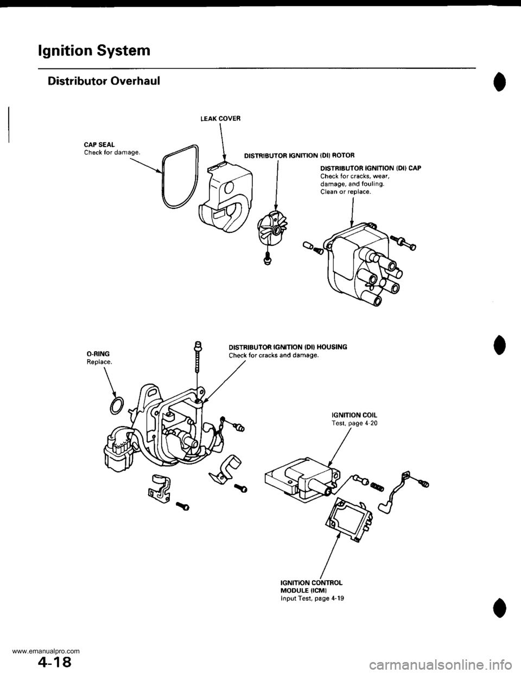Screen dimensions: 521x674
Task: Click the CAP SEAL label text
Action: [x=99, y=145]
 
